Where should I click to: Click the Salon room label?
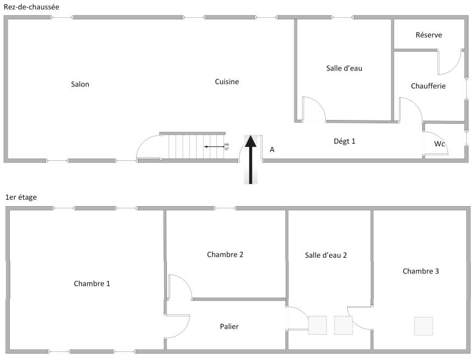click(80, 84)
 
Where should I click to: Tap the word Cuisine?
click(227, 82)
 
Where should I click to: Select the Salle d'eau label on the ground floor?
click(344, 68)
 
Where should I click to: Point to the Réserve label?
click(429, 35)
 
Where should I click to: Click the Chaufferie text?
click(428, 86)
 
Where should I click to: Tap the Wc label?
click(439, 144)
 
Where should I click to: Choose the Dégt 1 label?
click(344, 142)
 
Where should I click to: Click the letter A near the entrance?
click(272, 150)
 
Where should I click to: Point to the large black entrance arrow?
click(251, 159)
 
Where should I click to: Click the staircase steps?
click(192, 146)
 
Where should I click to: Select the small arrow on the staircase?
click(214, 147)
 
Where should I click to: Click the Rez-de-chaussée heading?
click(31, 6)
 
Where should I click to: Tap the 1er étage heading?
click(21, 197)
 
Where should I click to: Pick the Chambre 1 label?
click(92, 284)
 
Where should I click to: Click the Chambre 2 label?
click(225, 255)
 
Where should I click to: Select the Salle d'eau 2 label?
click(326, 255)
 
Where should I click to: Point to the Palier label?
click(229, 326)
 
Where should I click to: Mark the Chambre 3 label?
click(421, 271)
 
